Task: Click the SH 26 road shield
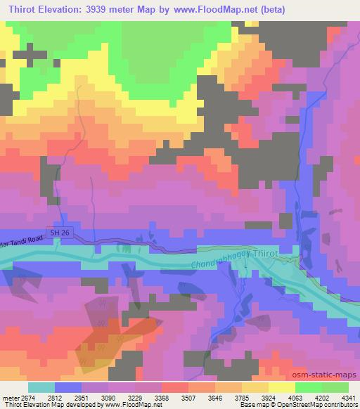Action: tap(57, 231)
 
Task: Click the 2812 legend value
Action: tap(56, 396)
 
